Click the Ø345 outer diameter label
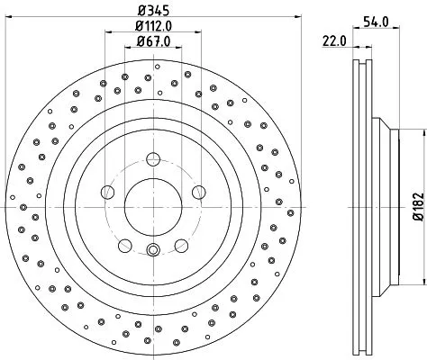pyautogui.click(x=153, y=11)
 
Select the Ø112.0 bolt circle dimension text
pyautogui.click(x=153, y=26)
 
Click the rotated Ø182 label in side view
pyautogui.click(x=417, y=207)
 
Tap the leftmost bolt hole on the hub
pyautogui.click(x=108, y=191)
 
